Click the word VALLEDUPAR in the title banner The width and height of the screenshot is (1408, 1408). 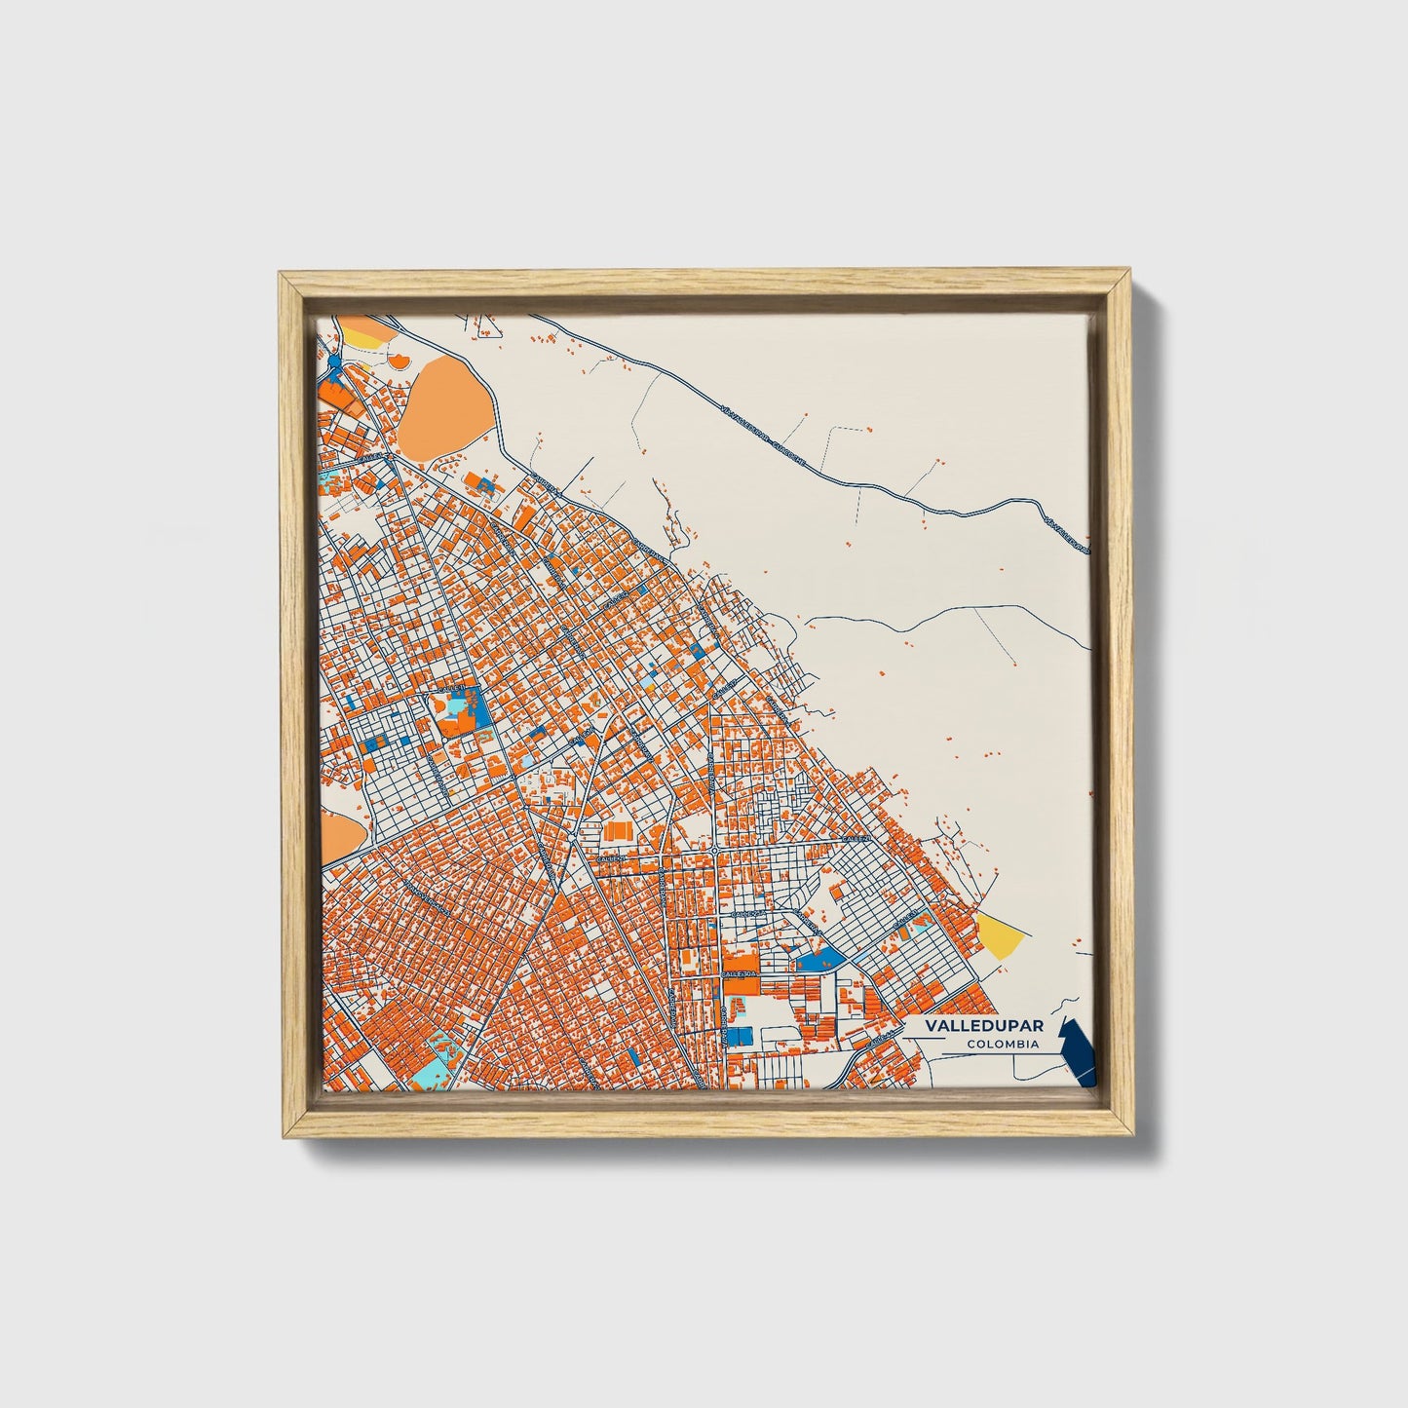[x=970, y=1027]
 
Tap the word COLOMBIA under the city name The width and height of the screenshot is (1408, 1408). [x=1003, y=1045]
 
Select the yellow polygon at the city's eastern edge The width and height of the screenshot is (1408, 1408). [x=1001, y=935]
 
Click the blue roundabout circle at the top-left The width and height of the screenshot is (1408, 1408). [x=335, y=362]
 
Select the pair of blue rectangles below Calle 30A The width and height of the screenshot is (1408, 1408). [x=741, y=1035]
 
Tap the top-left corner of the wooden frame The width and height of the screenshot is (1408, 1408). [x=282, y=276]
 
